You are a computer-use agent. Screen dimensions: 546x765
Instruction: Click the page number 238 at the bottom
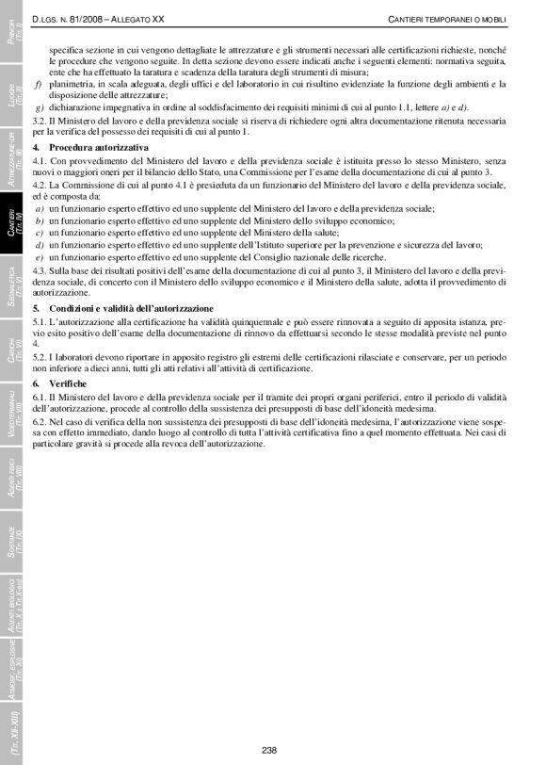268,749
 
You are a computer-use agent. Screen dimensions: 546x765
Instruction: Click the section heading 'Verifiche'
69,384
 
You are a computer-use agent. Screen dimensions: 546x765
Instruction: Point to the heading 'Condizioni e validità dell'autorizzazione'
131,308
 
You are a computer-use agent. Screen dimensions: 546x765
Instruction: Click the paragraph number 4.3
40,271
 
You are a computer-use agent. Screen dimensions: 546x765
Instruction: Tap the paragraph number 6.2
40,421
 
